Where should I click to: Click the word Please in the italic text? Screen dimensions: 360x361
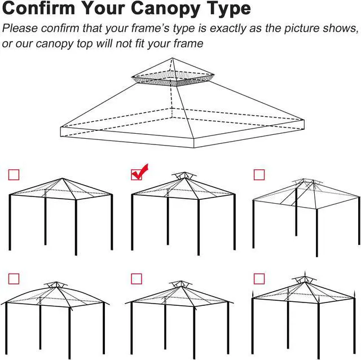click(x=19, y=29)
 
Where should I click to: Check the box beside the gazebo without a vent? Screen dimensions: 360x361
click(x=14, y=174)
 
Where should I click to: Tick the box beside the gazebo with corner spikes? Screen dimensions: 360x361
click(x=259, y=278)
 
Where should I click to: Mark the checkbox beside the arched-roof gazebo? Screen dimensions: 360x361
click(x=14, y=278)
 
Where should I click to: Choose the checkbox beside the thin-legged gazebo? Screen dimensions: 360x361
click(x=259, y=174)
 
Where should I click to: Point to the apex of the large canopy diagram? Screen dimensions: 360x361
click(x=174, y=58)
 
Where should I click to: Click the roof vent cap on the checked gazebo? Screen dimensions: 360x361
click(x=179, y=177)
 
